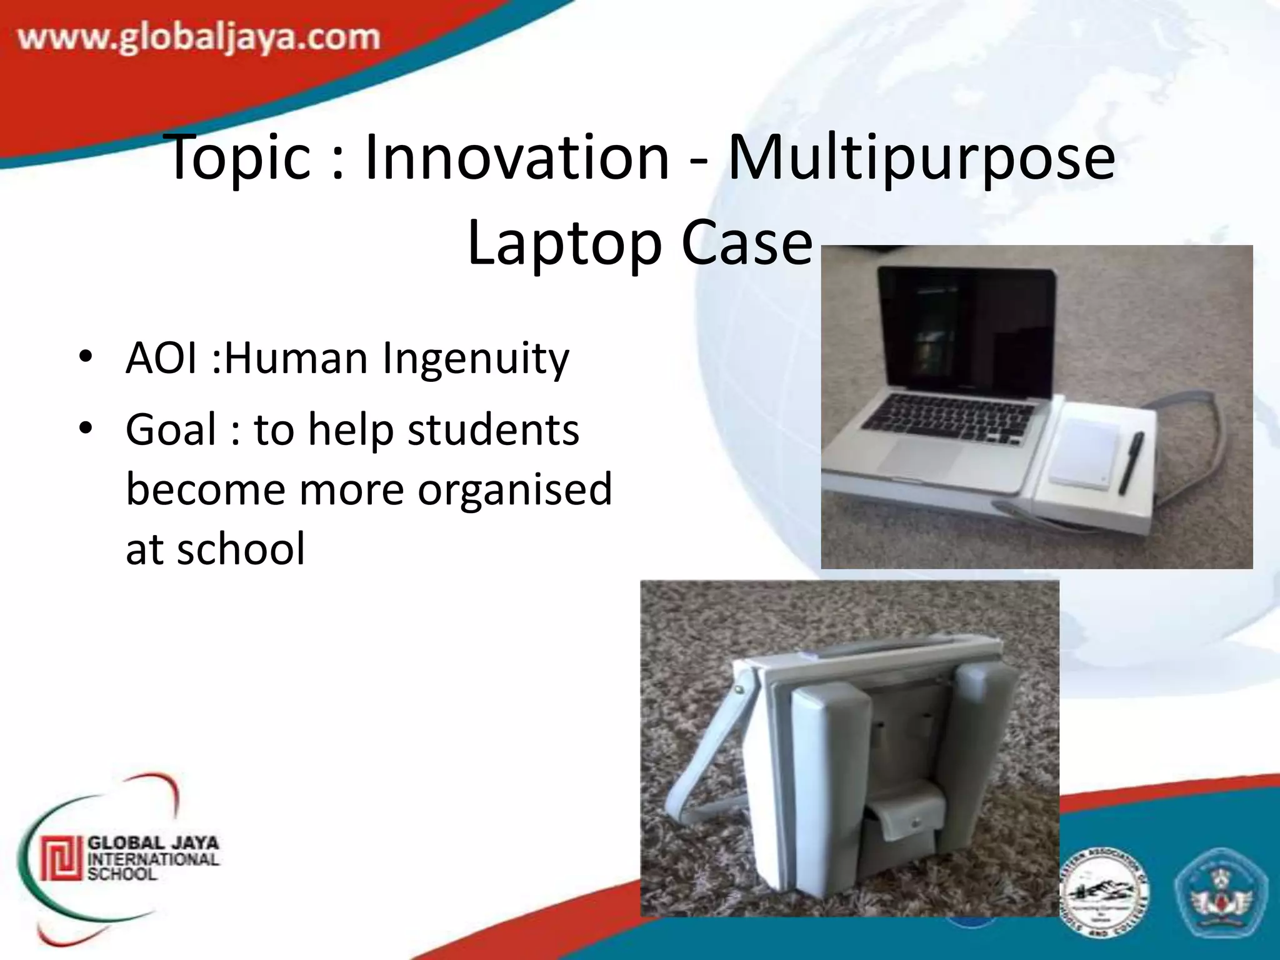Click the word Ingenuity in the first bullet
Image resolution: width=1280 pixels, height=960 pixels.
[476, 359]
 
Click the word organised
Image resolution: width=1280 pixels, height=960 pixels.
[514, 489]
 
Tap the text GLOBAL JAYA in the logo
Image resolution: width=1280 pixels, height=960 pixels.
[153, 842]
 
